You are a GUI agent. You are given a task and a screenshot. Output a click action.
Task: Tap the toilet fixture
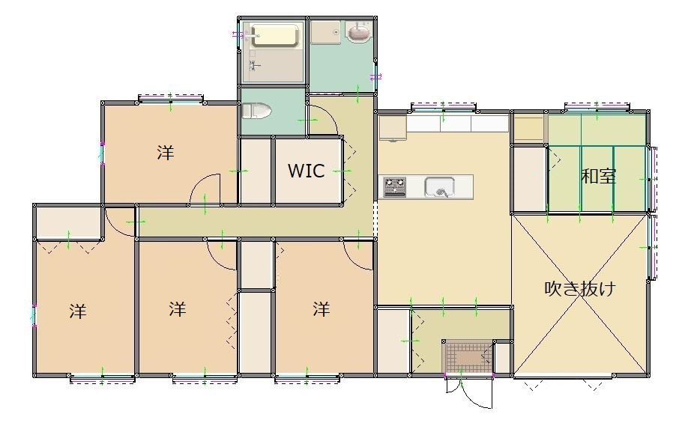[x=256, y=110]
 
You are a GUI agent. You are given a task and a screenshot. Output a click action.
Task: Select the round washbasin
[x=359, y=32]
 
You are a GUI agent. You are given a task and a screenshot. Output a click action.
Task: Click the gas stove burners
[x=394, y=187]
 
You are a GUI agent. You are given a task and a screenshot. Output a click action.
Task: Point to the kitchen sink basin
[x=440, y=187]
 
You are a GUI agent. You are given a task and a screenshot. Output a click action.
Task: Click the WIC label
[x=307, y=171]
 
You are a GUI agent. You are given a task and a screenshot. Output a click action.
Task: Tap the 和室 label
[x=599, y=176]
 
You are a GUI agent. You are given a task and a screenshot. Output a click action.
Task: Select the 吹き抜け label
[x=580, y=288]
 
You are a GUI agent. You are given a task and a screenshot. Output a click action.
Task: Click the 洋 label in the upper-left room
[x=166, y=153]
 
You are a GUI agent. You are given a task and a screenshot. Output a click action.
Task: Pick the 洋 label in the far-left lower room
[x=78, y=311]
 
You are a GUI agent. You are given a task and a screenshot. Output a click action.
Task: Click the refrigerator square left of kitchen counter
[x=392, y=127]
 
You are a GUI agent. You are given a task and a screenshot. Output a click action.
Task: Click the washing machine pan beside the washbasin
[x=326, y=32]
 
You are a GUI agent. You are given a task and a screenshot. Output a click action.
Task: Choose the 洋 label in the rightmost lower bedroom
[x=321, y=309]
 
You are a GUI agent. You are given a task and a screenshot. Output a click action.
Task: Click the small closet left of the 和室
[x=528, y=179]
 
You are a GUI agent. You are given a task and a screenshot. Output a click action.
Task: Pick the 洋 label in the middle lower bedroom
[x=178, y=309]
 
